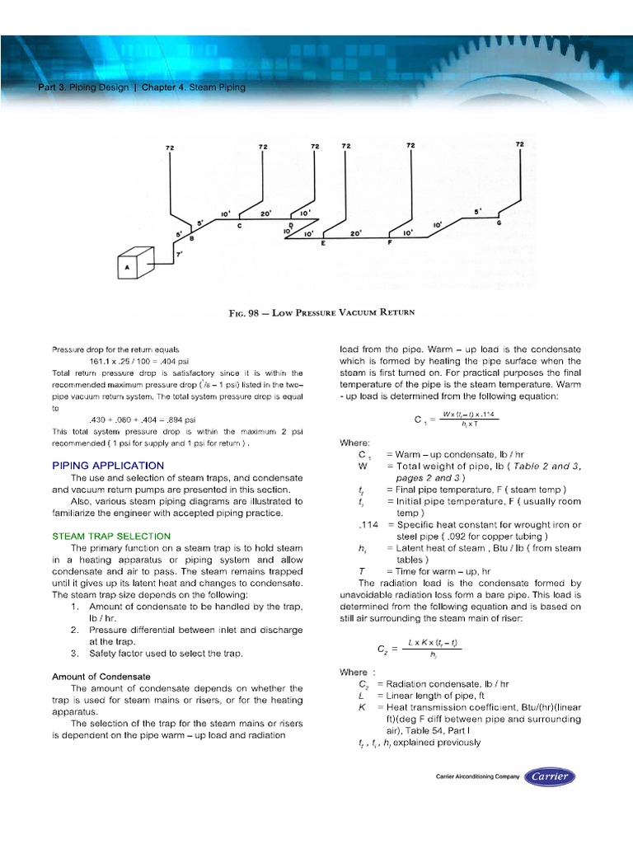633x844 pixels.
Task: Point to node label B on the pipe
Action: pyautogui.click(x=191, y=238)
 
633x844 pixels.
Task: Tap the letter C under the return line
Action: pyautogui.click(x=239, y=225)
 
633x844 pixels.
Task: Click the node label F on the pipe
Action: pyautogui.click(x=390, y=244)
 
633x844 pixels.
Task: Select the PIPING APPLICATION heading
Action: pyautogui.click(x=108, y=465)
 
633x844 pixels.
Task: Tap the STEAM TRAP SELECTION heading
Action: pyautogui.click(x=111, y=536)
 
